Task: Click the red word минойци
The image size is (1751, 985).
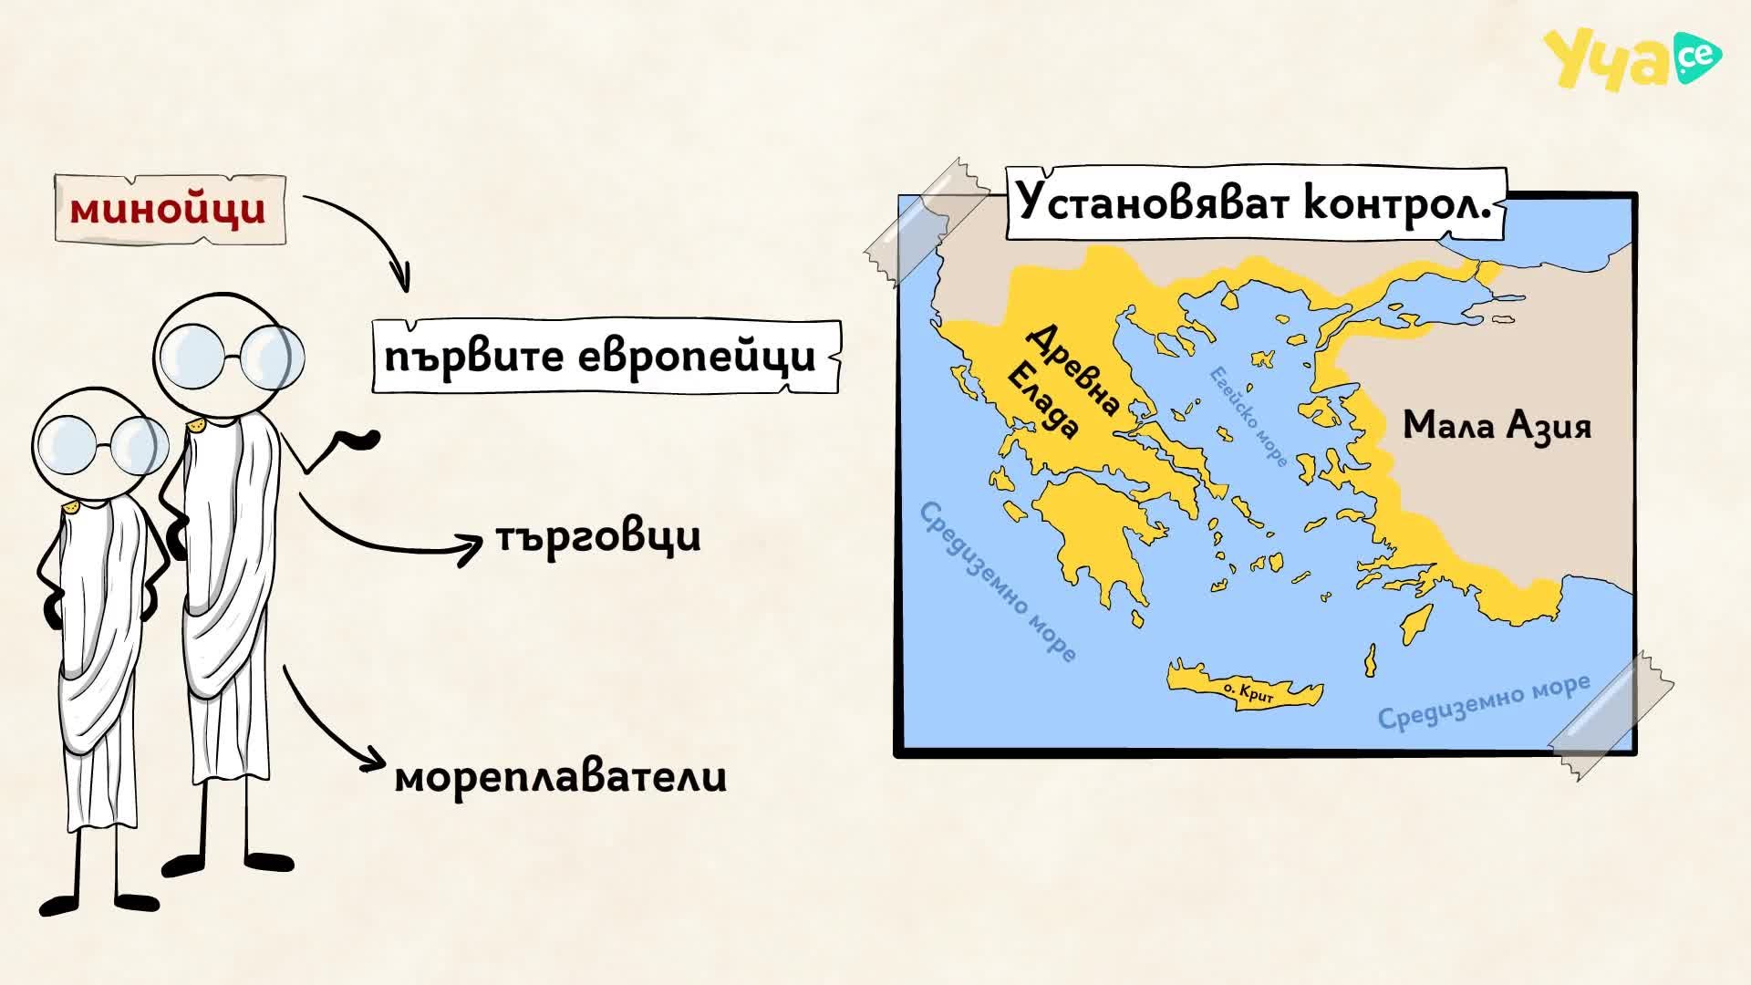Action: [169, 210]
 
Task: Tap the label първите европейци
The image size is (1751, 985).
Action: [600, 357]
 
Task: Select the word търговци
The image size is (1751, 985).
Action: [598, 536]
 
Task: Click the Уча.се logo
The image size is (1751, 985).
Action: [1631, 58]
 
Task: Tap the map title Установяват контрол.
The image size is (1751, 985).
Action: [1254, 202]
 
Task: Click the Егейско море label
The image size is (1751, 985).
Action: [1248, 417]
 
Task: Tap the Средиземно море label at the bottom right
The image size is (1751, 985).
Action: [1484, 702]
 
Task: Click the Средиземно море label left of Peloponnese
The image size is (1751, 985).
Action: [998, 581]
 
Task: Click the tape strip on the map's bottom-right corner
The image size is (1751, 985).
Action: [1611, 716]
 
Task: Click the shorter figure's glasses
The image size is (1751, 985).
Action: [100, 444]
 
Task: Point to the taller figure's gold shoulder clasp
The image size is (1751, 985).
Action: [195, 426]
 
